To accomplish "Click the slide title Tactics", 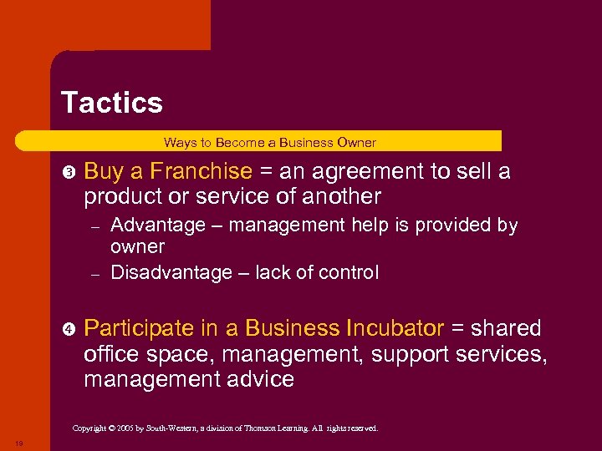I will click(112, 103).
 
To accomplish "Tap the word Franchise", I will click(191, 172).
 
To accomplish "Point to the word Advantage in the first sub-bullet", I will click(158, 225).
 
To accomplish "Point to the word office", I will click(114, 354).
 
